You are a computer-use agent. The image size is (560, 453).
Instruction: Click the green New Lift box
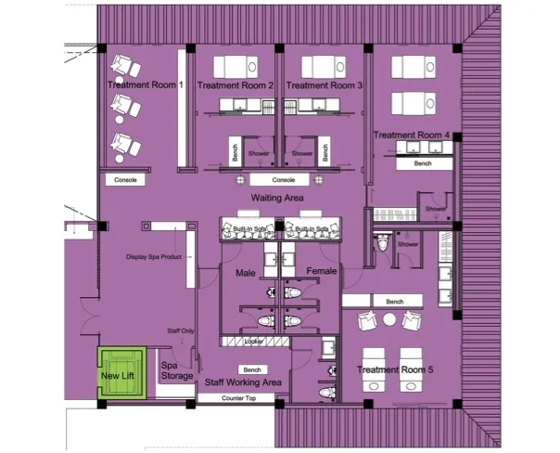click(x=122, y=376)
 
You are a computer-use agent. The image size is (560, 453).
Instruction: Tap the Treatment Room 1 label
click(x=146, y=84)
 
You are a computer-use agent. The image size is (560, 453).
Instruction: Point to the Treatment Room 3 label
click(x=324, y=84)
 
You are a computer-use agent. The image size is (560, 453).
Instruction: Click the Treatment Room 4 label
click(x=413, y=136)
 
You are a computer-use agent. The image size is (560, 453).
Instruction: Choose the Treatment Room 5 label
click(x=396, y=370)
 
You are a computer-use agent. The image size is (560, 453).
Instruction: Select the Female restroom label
click(x=323, y=272)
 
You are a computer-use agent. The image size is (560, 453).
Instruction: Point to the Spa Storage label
click(x=177, y=370)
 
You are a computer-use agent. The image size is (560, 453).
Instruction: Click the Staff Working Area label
click(x=243, y=382)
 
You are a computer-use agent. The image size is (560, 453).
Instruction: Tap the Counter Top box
click(x=238, y=398)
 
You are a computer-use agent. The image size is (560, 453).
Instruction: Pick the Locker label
click(x=254, y=342)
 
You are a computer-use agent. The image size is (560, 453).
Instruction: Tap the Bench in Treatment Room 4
click(x=423, y=163)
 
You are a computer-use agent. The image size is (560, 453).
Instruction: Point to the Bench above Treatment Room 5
click(x=394, y=302)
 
